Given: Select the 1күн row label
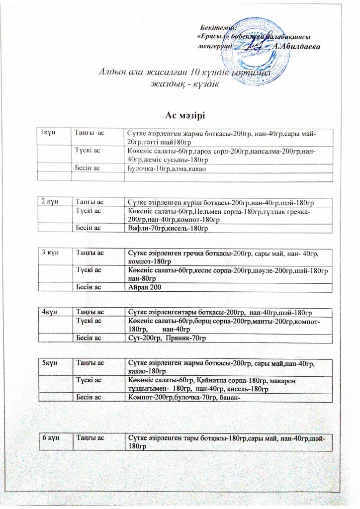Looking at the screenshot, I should click(x=48, y=132).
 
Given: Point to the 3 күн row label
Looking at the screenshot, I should click(x=51, y=253).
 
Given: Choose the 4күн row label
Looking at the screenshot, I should click(x=49, y=312).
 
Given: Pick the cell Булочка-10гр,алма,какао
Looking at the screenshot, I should click(x=166, y=169).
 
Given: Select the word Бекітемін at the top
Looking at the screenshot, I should click(x=217, y=27).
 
